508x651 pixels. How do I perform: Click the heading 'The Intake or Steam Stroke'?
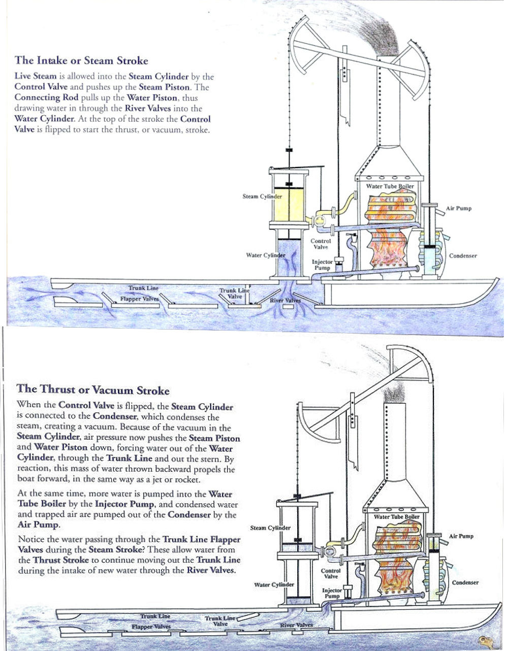tap(81, 60)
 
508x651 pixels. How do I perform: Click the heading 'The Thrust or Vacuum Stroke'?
tap(93, 390)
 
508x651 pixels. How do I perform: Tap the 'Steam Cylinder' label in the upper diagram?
tap(262, 196)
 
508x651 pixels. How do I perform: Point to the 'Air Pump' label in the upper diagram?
tap(458, 208)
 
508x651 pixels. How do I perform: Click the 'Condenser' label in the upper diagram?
tap(463, 255)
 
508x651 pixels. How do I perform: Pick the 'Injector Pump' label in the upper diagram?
tap(322, 265)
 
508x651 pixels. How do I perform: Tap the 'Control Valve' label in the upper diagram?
tap(321, 244)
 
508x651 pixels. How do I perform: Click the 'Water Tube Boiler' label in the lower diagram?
tap(397, 516)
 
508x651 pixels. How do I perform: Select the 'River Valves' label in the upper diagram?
tap(285, 301)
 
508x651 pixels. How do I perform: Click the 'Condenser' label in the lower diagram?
tap(465, 582)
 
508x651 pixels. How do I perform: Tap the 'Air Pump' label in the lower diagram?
tap(460, 536)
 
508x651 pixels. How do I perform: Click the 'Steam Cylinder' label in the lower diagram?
tap(270, 528)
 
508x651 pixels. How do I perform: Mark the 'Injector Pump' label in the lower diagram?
tap(332, 593)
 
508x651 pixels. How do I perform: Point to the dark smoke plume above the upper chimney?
tap(381, 38)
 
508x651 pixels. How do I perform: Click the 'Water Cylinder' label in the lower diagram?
tap(274, 584)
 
